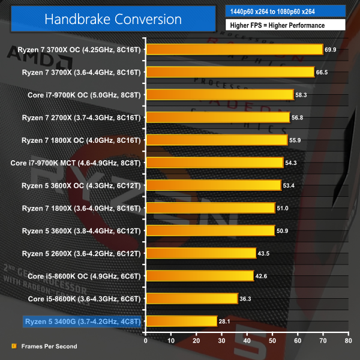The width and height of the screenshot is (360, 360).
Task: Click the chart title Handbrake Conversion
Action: coord(113,19)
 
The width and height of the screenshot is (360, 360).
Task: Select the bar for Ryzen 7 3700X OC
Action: coord(234,49)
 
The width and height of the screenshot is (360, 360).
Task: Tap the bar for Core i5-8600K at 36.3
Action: coord(191,298)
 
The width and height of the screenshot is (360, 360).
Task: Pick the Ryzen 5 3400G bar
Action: coord(181,321)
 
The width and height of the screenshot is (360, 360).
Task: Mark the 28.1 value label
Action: coord(225,321)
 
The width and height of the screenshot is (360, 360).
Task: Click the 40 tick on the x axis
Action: coord(247,340)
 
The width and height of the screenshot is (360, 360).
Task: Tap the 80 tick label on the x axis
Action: coord(348,340)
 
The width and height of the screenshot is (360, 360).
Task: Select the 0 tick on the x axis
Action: coord(145,340)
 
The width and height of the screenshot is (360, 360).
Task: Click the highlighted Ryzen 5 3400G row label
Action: coord(82,321)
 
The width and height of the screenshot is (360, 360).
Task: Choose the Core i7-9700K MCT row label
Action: coord(76,163)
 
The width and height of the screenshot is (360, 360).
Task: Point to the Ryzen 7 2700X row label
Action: coord(81,117)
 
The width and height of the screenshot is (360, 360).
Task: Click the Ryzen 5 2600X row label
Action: coord(81,253)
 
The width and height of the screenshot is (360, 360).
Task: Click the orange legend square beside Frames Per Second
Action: coord(14,346)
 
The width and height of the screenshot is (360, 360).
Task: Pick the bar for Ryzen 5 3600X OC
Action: coord(213,185)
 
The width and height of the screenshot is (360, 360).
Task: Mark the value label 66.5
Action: coord(323,72)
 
